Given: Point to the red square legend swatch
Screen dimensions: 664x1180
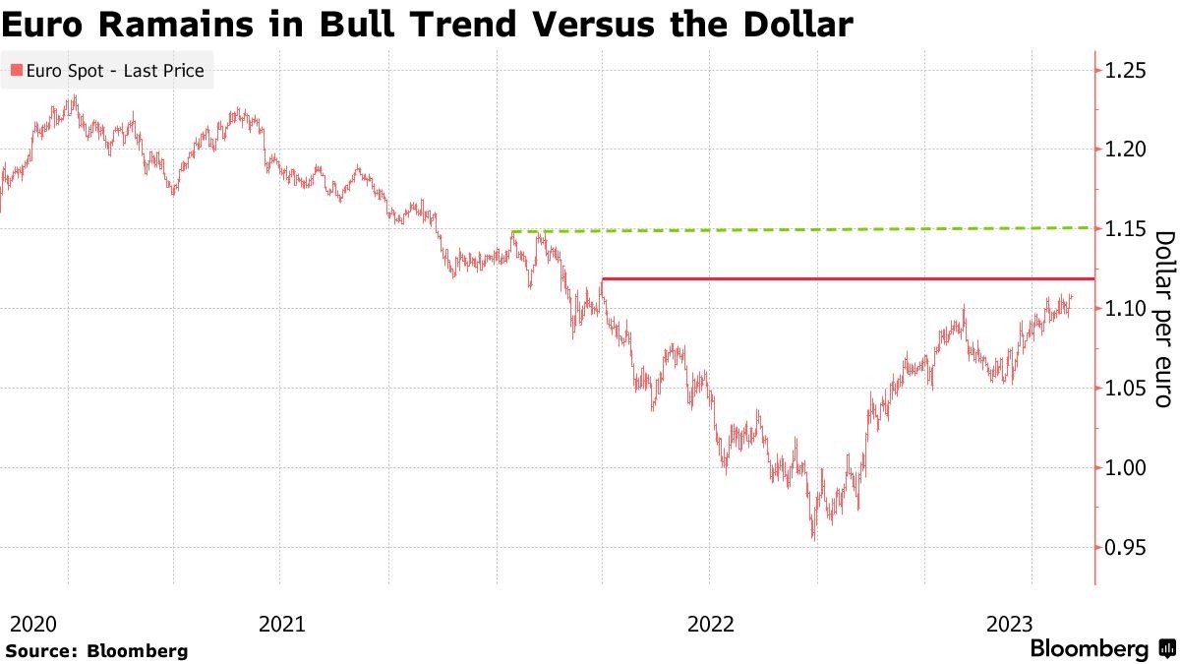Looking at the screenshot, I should point(16,71).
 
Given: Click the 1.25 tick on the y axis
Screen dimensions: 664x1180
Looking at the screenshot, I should point(1126,71).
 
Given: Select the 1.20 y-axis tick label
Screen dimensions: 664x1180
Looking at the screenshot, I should point(1126,150).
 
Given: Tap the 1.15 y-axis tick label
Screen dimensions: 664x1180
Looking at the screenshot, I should point(1126,229).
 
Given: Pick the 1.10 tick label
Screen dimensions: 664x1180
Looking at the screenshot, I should point(1126,309).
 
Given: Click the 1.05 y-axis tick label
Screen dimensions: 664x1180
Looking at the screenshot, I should point(1126,389).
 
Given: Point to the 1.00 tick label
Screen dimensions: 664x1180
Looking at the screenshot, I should point(1126,467).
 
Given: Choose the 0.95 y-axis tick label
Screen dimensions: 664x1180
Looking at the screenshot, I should point(1126,547).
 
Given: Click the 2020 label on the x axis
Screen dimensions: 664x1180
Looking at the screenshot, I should point(32,623).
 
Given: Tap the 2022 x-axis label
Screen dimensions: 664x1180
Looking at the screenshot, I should point(711,623).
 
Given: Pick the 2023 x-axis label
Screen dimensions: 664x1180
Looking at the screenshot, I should point(1010,623).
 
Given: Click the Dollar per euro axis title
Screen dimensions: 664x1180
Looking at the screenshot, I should point(1164,319).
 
